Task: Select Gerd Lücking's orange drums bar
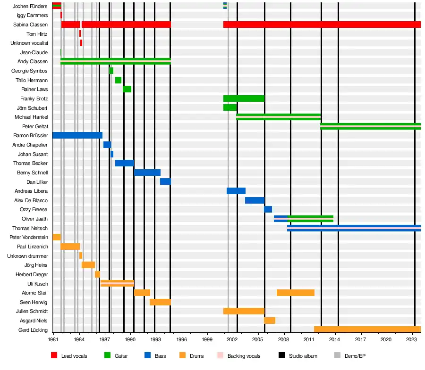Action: [x=367, y=329]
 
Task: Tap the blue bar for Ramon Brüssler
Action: [x=77, y=135]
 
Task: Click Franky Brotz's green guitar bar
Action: [x=244, y=99]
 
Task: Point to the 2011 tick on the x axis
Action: [x=309, y=339]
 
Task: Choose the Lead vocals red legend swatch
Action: [x=54, y=356]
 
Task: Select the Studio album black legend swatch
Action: [x=281, y=356]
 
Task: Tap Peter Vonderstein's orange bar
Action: [x=56, y=237]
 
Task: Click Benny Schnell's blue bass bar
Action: [x=147, y=173]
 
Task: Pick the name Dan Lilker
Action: [x=37, y=182]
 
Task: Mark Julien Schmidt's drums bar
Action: [x=244, y=311]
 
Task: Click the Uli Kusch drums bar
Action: [x=117, y=283]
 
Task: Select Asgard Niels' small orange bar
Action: [x=269, y=321]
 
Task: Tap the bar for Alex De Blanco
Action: [x=255, y=200]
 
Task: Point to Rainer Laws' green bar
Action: [x=127, y=89]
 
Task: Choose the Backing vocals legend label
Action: [x=244, y=356]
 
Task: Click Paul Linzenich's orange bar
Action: [x=70, y=247]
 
